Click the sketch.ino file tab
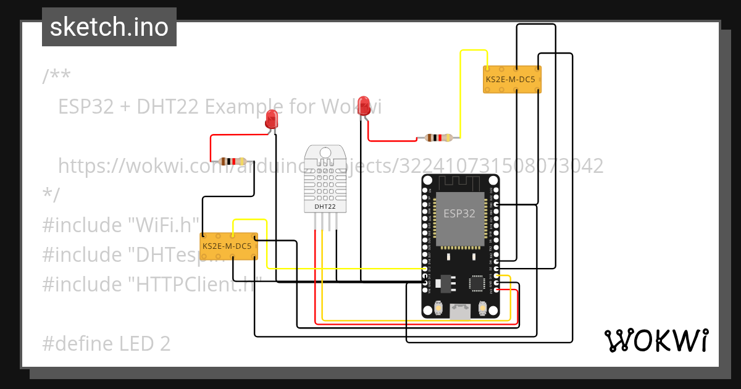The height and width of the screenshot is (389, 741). tap(109, 27)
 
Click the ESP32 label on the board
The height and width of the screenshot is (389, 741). tap(459, 213)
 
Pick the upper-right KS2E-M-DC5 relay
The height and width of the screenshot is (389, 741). tap(512, 80)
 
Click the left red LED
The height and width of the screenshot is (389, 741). tap(272, 119)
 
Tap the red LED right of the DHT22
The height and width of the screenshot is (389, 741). tap(364, 104)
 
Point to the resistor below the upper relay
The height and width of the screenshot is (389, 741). tap(438, 138)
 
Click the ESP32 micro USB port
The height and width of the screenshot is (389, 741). tap(460, 311)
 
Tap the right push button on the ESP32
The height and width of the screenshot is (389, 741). tap(483, 307)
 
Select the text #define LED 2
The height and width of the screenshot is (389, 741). tap(106, 343)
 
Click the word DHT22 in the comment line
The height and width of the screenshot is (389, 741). tap(167, 107)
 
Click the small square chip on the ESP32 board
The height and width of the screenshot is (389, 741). tap(477, 283)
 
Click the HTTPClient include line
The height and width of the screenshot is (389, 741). tap(152, 284)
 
